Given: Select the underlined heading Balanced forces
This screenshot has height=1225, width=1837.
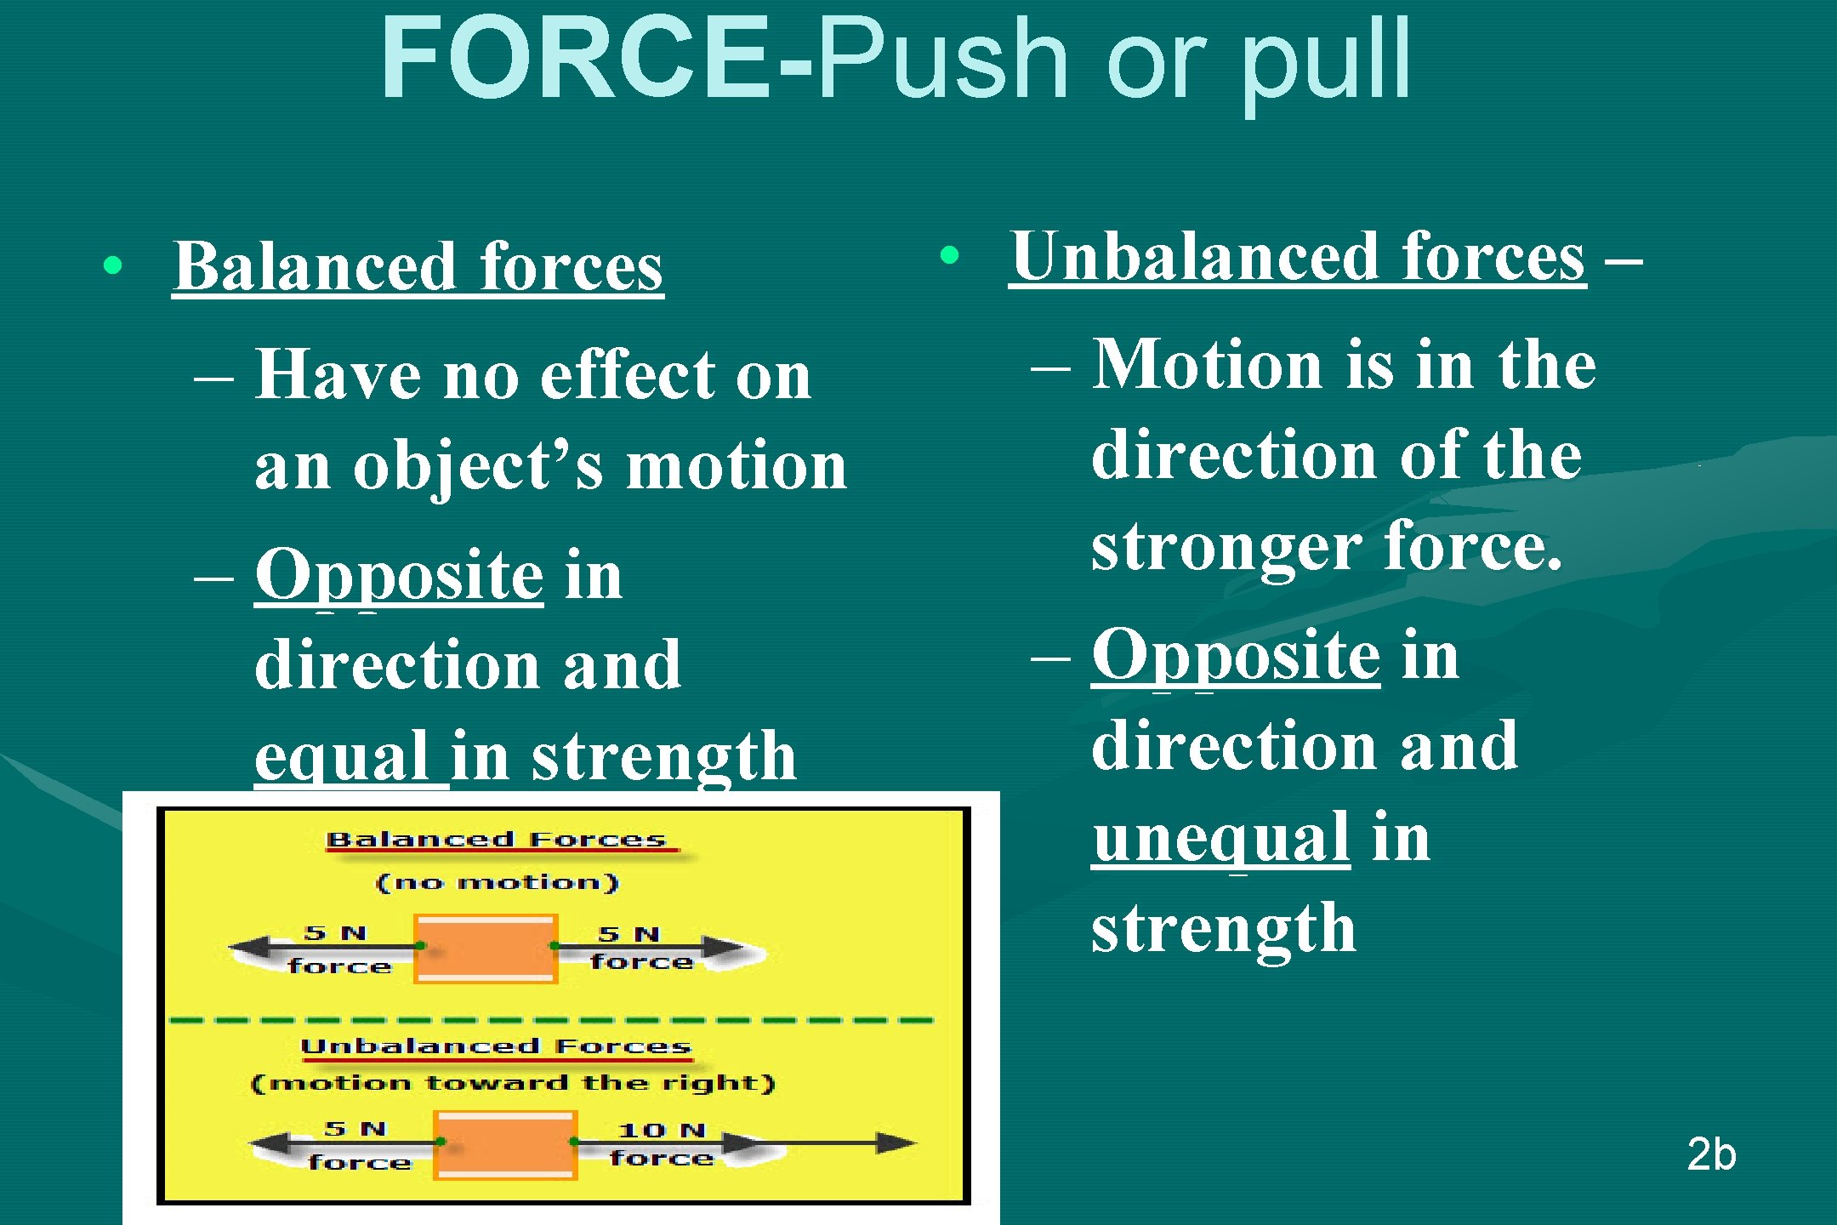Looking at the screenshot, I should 418,266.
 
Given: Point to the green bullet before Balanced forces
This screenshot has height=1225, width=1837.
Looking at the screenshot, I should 112,265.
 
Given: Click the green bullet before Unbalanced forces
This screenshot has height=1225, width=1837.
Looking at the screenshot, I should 950,254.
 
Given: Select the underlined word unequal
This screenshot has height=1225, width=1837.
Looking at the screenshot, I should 1221,837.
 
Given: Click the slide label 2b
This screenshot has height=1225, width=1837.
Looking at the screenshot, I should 1711,1154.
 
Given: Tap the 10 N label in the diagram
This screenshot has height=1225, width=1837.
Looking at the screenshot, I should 663,1131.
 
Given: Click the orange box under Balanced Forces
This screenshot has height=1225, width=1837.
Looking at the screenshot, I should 486,949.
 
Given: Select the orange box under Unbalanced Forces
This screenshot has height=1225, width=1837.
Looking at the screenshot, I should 505,1145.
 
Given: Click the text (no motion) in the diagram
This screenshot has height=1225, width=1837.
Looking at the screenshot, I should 498,882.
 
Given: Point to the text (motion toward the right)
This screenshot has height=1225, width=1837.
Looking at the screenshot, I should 514,1083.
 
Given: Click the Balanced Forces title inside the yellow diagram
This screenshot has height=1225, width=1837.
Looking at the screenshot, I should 496,840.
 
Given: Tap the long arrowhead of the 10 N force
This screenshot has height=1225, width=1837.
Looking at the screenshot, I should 895,1142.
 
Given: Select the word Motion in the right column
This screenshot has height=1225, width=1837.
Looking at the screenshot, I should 1208,364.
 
